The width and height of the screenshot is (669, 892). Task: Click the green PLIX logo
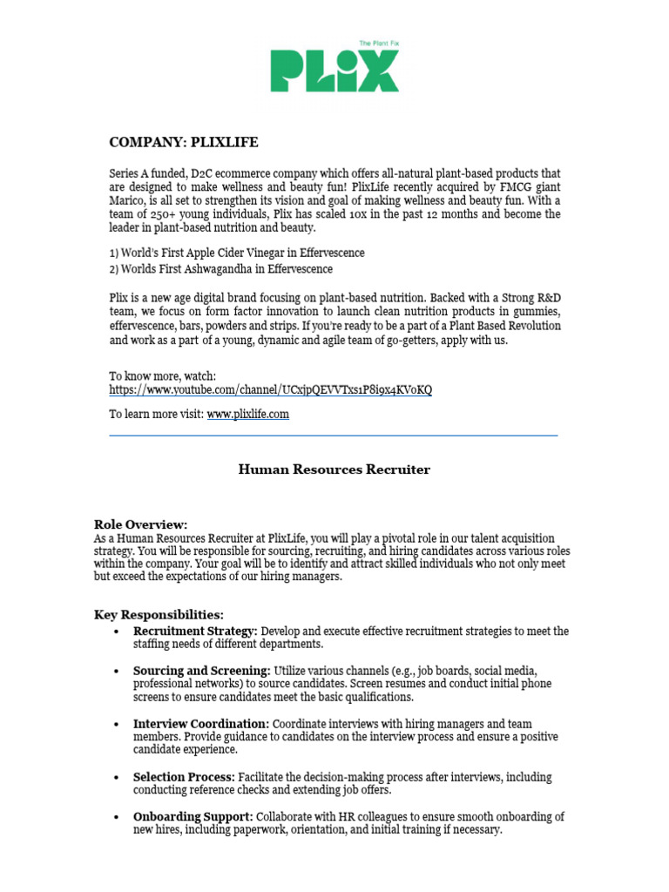334,71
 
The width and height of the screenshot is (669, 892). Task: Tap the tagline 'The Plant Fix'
379,43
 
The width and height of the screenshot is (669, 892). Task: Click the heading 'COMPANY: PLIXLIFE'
183,141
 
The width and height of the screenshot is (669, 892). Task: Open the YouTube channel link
270,389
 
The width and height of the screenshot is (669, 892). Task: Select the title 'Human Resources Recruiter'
334,470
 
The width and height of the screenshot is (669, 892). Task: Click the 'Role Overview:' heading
140,524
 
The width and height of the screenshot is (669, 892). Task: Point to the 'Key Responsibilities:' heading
159,615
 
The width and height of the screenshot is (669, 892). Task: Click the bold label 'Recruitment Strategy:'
195,631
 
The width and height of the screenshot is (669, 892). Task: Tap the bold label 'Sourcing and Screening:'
201,671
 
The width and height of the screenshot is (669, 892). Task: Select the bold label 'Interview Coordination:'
200,724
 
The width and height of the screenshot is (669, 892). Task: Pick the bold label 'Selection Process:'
184,777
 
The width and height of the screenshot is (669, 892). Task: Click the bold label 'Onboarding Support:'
193,817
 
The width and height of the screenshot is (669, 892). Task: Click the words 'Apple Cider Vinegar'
215,253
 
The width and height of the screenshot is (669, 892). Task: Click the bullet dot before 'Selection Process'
116,777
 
